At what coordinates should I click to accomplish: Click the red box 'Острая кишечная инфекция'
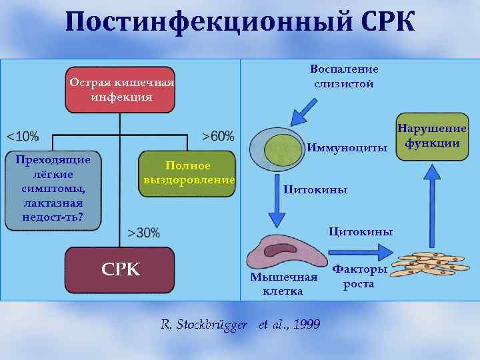coord(120,89)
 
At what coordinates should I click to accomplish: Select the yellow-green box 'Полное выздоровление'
coord(188,173)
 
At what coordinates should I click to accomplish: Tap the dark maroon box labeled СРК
coord(120,270)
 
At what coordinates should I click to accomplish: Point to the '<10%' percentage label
coord(23,136)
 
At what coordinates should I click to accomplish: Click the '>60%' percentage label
coord(218,136)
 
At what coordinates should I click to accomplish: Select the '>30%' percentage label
coord(143,233)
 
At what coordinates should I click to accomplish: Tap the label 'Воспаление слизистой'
coord(344,76)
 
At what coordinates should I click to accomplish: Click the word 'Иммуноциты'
coord(347,147)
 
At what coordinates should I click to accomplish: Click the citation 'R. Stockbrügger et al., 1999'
coord(240,325)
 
